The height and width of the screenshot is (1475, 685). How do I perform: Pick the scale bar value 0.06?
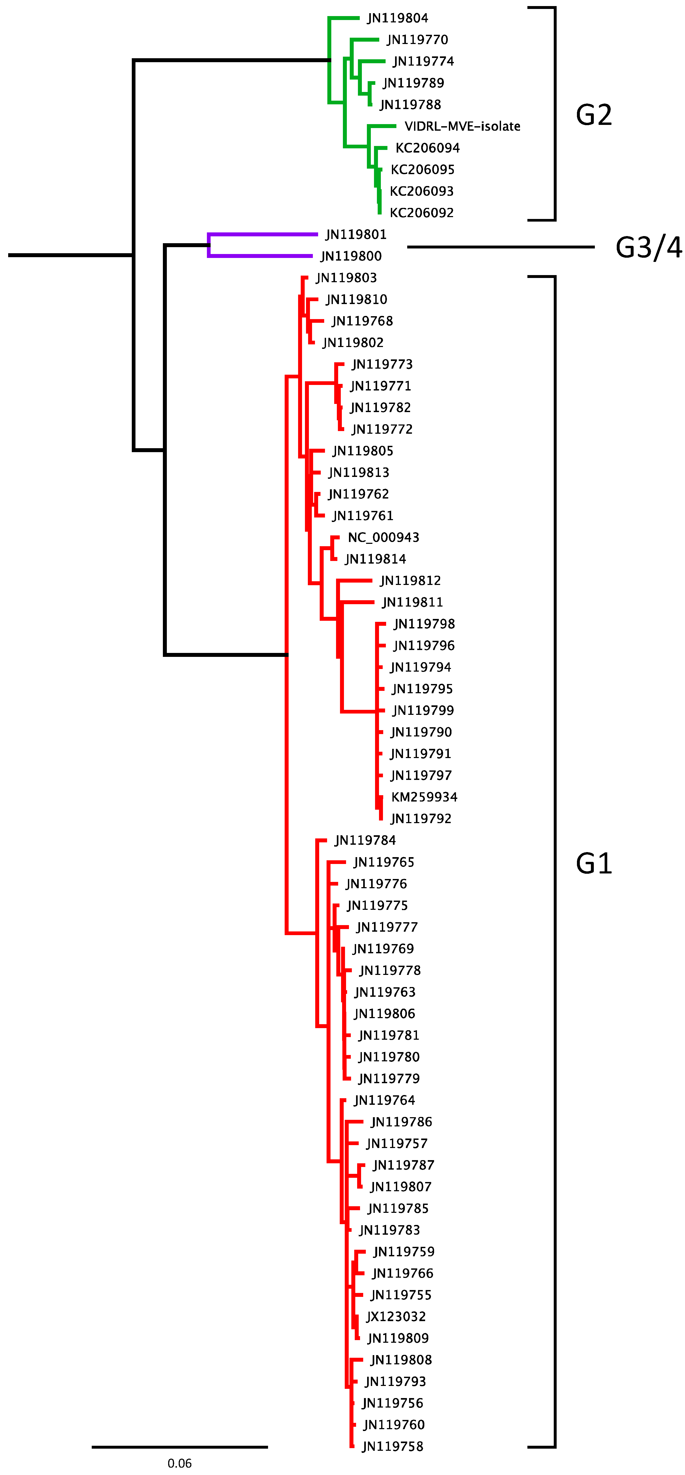[179, 1463]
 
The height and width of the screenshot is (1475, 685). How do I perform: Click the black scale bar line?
[179, 1447]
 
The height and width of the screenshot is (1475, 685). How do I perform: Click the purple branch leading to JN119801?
[264, 234]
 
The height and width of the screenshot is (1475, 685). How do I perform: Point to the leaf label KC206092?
[421, 213]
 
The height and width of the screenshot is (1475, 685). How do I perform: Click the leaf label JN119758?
[392, 1446]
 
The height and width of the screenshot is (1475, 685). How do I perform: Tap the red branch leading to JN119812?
[355, 581]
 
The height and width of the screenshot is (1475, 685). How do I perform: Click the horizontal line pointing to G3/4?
[501, 247]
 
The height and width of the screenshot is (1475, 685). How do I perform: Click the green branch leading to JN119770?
[365, 40]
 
